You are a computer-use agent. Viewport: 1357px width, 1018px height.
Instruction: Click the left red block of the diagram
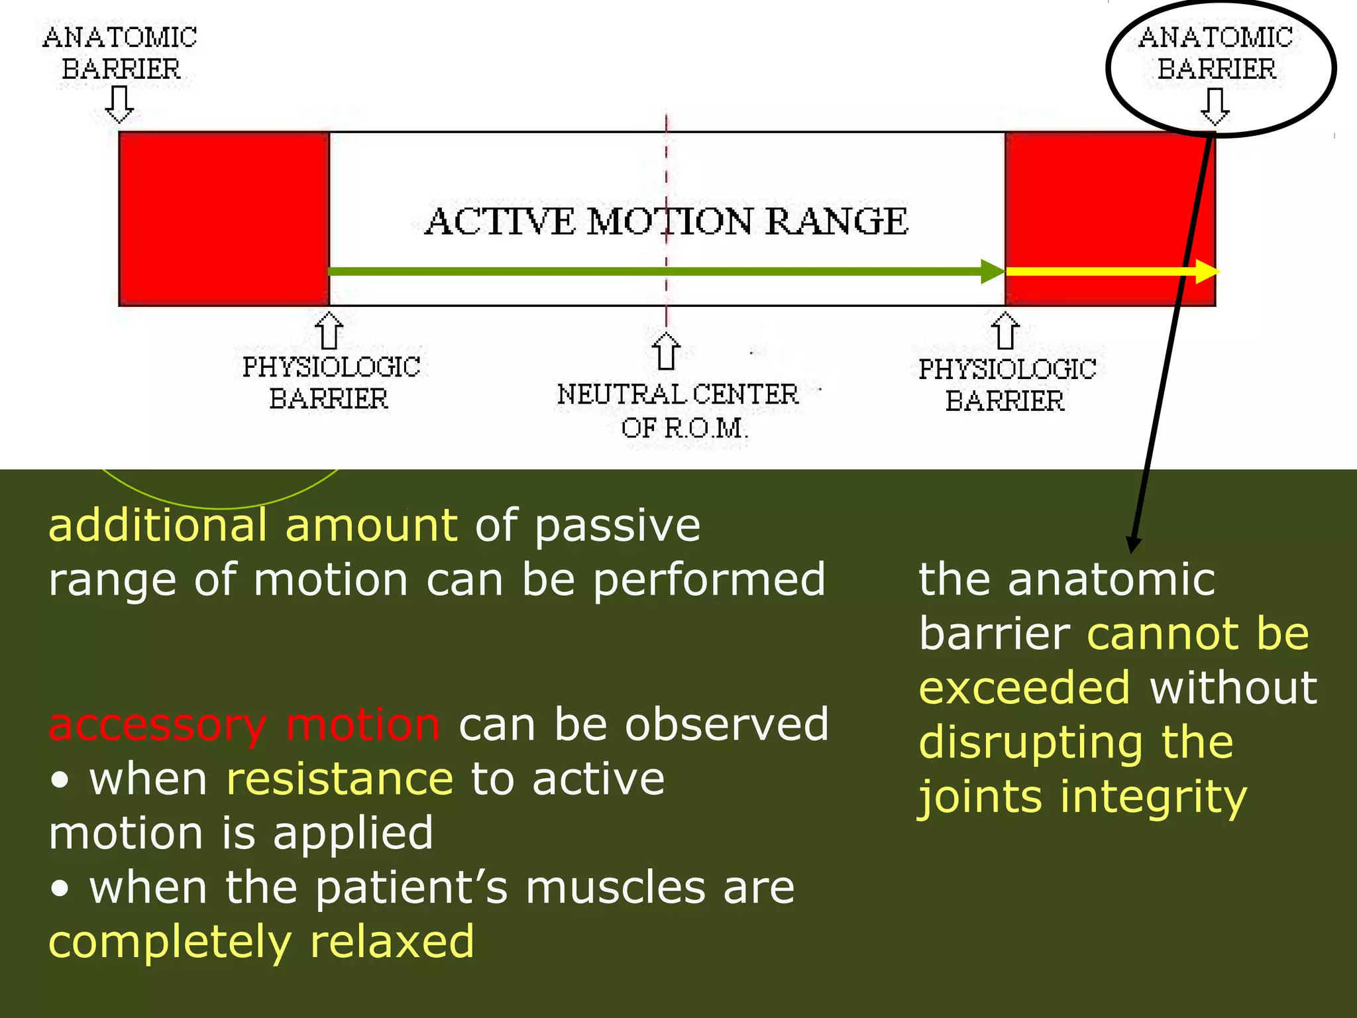click(224, 219)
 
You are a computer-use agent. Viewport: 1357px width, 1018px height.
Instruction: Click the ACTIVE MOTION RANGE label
click(667, 221)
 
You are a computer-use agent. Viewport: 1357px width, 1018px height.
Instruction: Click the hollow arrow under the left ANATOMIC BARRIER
click(120, 105)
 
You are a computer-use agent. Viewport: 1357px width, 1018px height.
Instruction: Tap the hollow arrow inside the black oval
click(1215, 106)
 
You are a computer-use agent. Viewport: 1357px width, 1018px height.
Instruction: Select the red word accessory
click(158, 724)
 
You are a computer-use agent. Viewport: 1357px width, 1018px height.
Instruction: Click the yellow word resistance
click(339, 779)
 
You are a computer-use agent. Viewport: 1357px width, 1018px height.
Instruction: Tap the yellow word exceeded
click(1024, 688)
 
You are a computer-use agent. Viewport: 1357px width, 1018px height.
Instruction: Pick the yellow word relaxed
click(392, 942)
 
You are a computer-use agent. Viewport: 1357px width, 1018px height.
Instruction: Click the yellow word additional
click(158, 525)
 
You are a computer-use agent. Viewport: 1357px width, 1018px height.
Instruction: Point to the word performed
click(709, 580)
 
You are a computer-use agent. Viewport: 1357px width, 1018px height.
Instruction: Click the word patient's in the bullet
click(411, 887)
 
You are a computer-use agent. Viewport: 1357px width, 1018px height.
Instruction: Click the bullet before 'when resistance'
click(60, 781)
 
